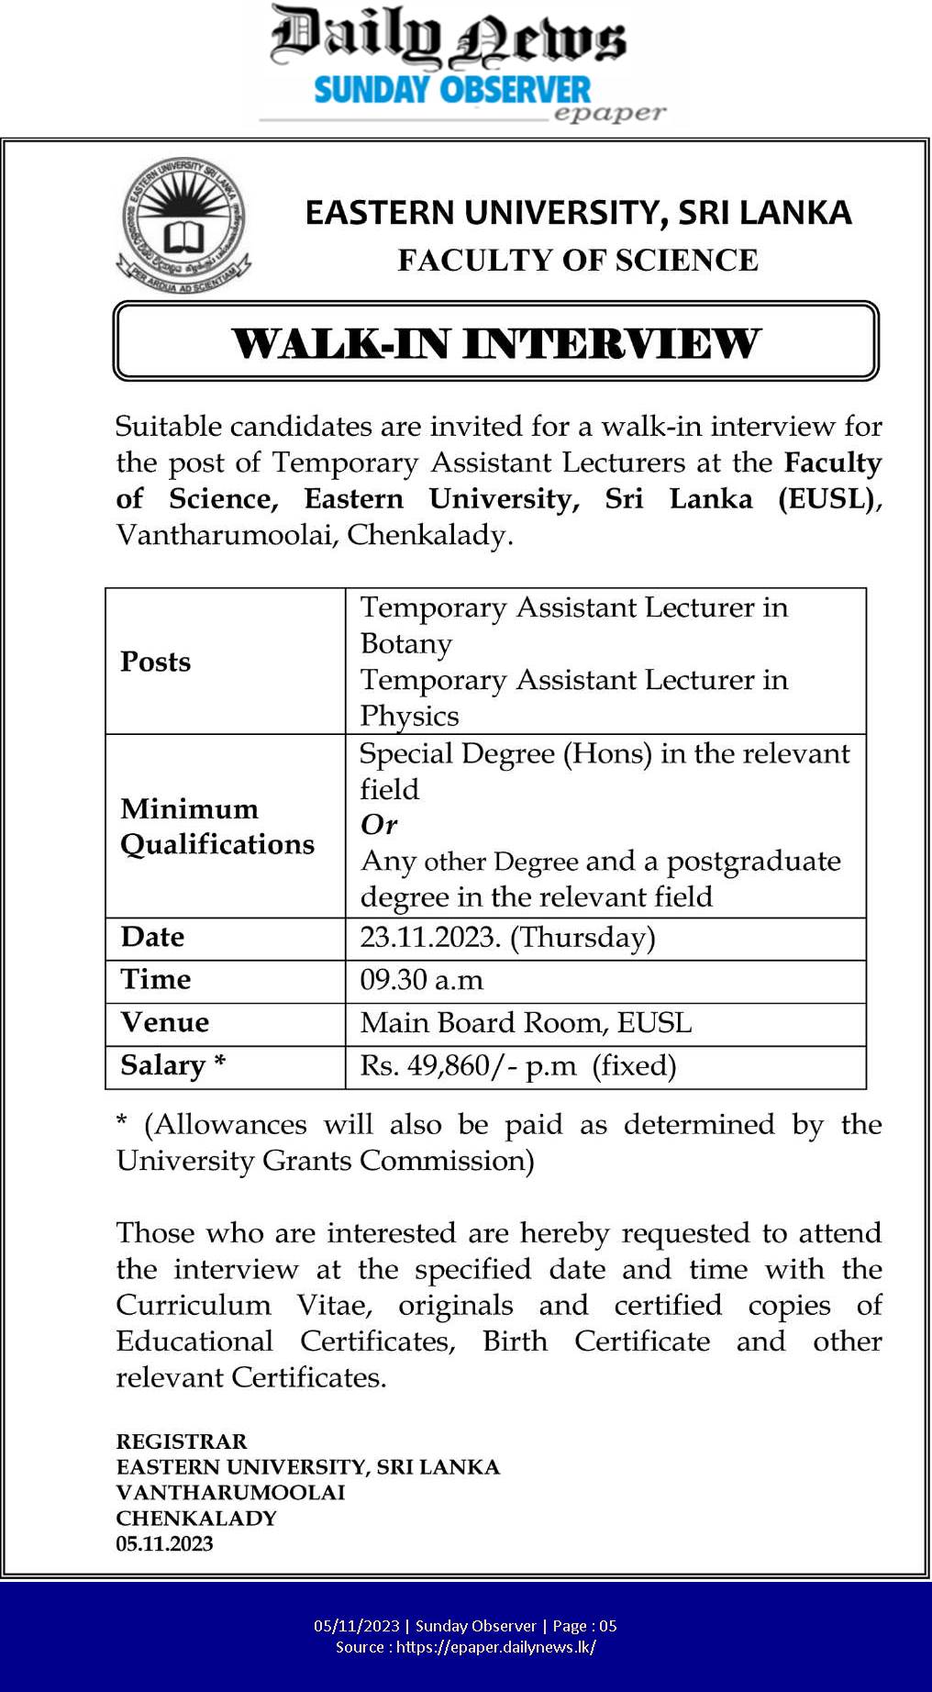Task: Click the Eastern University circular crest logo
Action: pyautogui.click(x=184, y=226)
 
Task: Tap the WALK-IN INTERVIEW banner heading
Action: pyautogui.click(x=495, y=343)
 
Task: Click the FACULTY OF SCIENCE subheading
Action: pyautogui.click(x=578, y=261)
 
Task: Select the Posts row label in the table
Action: pyautogui.click(x=156, y=662)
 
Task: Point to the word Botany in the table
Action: pyautogui.click(x=406, y=643)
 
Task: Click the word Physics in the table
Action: pyautogui.click(x=409, y=716)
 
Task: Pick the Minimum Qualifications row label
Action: pyautogui.click(x=217, y=826)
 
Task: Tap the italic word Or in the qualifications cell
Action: pyautogui.click(x=379, y=824)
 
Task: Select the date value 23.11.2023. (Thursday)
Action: pyautogui.click(x=507, y=937)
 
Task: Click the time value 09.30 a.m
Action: pyautogui.click(x=421, y=980)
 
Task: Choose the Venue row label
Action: pyautogui.click(x=165, y=1022)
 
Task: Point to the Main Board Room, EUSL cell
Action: pyautogui.click(x=526, y=1022)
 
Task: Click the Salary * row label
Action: pyautogui.click(x=172, y=1064)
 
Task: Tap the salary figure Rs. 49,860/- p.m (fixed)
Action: pyautogui.click(x=518, y=1065)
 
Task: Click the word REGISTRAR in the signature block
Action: pyautogui.click(x=182, y=1441)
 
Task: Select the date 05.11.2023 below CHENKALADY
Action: pyautogui.click(x=164, y=1543)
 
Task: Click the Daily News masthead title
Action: pyautogui.click(x=448, y=39)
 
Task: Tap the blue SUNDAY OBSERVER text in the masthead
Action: pyautogui.click(x=452, y=90)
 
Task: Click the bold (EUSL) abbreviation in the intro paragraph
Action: pyautogui.click(x=827, y=499)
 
